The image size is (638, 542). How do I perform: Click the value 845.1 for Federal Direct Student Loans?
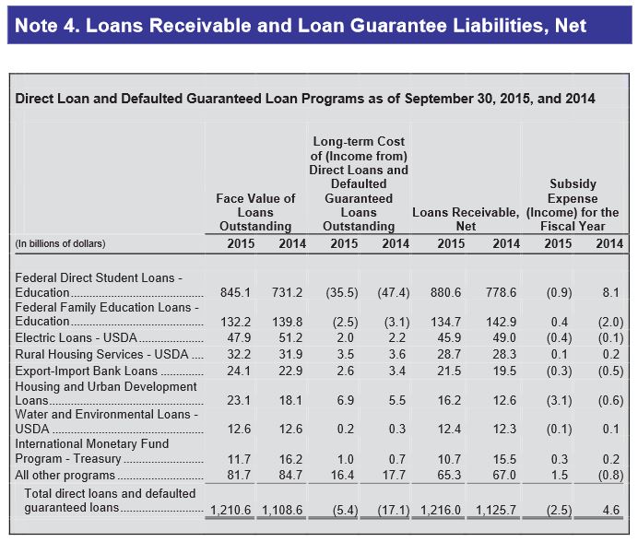[236, 292]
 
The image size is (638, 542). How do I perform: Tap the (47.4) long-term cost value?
[394, 292]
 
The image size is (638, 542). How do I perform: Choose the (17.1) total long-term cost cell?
[391, 508]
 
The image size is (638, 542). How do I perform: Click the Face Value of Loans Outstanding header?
[255, 212]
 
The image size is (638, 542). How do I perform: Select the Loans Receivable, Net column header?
[466, 218]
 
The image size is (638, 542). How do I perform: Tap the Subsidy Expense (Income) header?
[573, 205]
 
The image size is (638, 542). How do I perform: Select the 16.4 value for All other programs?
[343, 476]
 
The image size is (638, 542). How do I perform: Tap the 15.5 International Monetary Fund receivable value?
[504, 458]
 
